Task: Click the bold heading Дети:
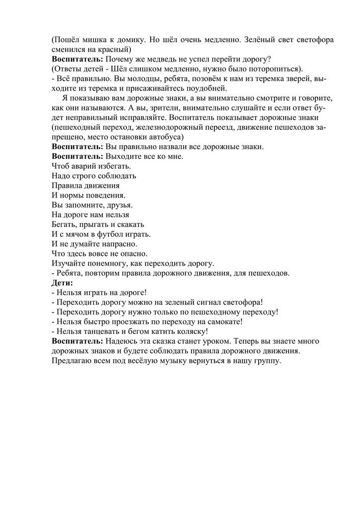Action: [63, 282]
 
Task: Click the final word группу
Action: [266, 360]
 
